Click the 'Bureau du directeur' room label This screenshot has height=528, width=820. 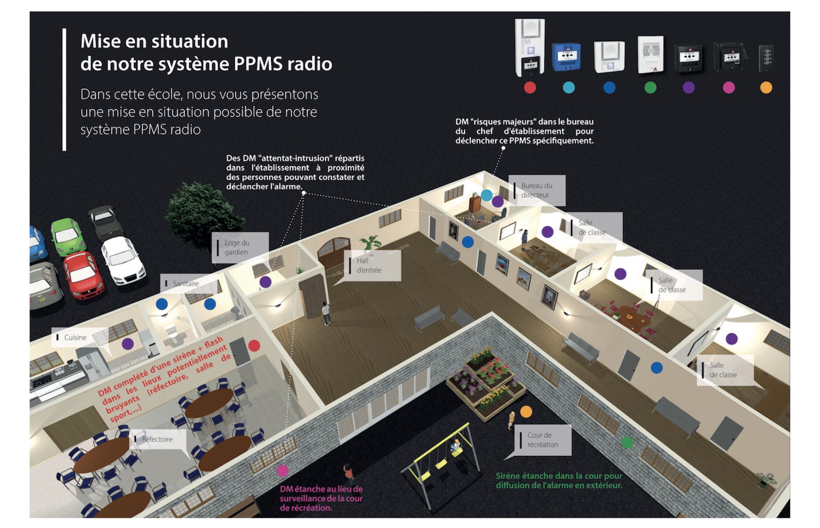(x=536, y=190)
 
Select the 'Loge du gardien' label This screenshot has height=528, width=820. (x=239, y=248)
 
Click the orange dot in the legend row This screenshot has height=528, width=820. (x=766, y=88)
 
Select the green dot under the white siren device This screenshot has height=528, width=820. (x=650, y=88)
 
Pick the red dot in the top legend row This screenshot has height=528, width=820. (x=530, y=88)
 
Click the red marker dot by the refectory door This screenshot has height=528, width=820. (x=254, y=346)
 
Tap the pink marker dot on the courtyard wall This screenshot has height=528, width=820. (x=283, y=471)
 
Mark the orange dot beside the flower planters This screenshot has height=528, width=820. (x=526, y=412)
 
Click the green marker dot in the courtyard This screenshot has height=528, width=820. (x=627, y=443)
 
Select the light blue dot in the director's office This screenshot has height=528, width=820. (x=487, y=195)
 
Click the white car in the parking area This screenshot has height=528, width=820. (x=123, y=260)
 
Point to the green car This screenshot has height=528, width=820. (x=68, y=236)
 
